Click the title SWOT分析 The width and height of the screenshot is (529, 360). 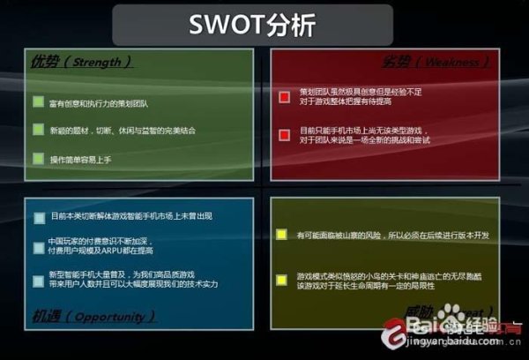coord(252,26)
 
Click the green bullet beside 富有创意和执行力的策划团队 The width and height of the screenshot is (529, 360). coord(38,102)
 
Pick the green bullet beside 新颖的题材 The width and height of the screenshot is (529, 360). coord(38,130)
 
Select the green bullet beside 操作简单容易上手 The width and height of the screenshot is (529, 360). coord(38,158)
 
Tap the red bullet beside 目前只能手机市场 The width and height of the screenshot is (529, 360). coord(284,134)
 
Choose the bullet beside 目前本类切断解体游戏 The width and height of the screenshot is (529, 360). coord(39,217)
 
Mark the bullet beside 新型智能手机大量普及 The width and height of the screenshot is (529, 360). coord(39,281)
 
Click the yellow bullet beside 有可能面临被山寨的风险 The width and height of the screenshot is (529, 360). coord(281,235)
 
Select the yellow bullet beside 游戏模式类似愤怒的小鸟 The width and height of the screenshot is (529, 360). coord(281,280)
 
